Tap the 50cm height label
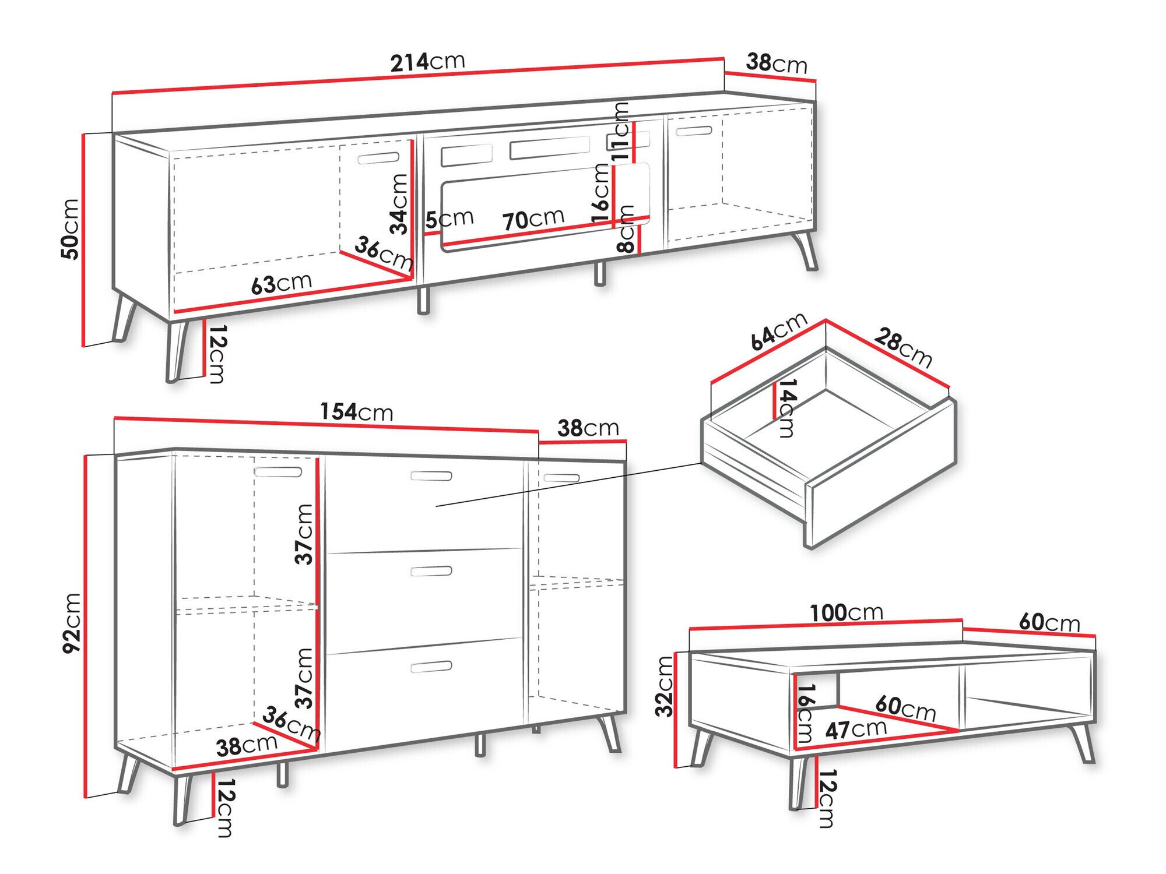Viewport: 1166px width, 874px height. click(x=70, y=228)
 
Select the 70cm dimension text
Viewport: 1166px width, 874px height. click(x=533, y=219)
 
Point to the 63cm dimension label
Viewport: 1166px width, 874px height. click(x=282, y=284)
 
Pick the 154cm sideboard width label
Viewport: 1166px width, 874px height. click(x=356, y=412)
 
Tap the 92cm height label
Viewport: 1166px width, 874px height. click(x=72, y=622)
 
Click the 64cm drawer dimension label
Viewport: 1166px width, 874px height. click(x=778, y=332)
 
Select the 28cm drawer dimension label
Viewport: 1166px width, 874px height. click(x=902, y=348)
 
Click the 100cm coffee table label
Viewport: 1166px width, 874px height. click(x=847, y=612)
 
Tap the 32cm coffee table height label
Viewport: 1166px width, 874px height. click(x=665, y=686)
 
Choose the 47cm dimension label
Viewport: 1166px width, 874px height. click(x=856, y=729)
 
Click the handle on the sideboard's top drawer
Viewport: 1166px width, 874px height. click(x=431, y=476)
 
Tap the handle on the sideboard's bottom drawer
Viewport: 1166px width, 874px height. click(x=431, y=667)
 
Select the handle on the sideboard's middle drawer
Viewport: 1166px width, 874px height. click(x=431, y=571)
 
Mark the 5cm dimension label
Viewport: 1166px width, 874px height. click(x=449, y=219)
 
